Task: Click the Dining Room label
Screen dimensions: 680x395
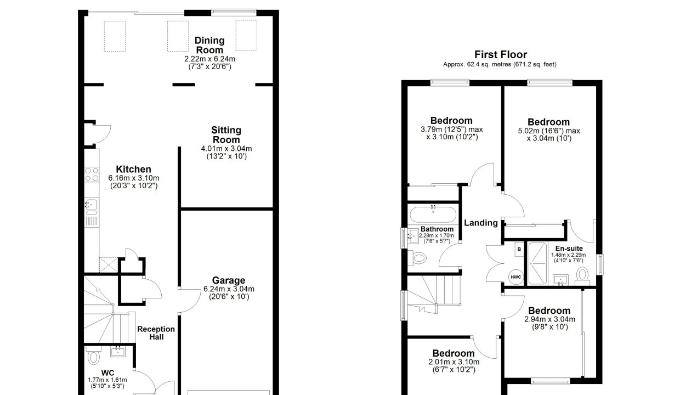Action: (x=209, y=45)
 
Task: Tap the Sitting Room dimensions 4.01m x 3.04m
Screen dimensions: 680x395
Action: (x=226, y=149)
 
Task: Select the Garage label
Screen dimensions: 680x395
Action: (x=229, y=280)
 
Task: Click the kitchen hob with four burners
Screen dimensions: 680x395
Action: (x=92, y=174)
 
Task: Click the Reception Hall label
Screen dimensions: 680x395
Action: (x=156, y=333)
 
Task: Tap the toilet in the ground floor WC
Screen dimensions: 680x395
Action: (x=93, y=357)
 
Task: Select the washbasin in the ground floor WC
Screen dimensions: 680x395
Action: (x=118, y=352)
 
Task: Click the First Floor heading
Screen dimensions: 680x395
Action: (x=501, y=55)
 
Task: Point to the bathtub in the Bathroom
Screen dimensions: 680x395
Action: (x=433, y=215)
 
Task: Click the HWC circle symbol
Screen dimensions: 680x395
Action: (x=516, y=277)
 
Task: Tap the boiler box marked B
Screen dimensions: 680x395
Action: (x=519, y=249)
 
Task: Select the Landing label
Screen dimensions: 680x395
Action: (x=481, y=223)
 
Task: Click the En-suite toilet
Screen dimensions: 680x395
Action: (x=582, y=276)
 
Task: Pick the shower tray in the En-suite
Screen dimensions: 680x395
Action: (x=538, y=263)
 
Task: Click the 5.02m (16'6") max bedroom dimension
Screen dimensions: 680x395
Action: (x=549, y=131)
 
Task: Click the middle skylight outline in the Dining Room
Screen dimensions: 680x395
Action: (x=178, y=36)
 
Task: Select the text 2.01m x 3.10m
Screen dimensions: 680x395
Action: (x=454, y=362)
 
